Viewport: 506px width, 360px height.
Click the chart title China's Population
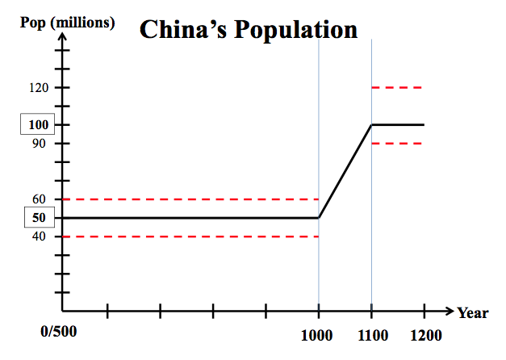point(249,30)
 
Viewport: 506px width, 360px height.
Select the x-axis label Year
point(472,313)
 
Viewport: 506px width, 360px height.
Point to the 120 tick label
point(38,87)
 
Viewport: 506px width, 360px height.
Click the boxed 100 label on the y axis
point(38,125)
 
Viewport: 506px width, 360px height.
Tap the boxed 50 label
point(38,218)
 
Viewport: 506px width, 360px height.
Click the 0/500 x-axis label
point(57,333)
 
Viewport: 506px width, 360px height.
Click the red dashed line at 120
point(397,87)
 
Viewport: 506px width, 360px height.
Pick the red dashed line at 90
point(397,143)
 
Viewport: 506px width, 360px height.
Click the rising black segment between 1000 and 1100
point(345,170)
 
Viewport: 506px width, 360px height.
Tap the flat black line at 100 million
point(398,124)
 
